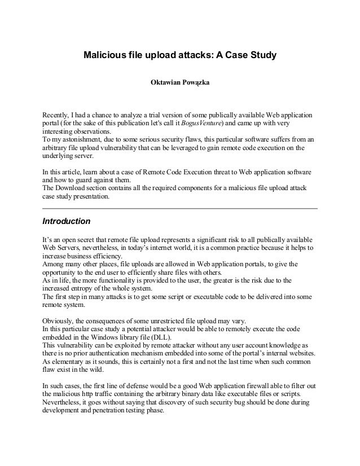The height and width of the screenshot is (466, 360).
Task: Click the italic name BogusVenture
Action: click(x=199, y=123)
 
